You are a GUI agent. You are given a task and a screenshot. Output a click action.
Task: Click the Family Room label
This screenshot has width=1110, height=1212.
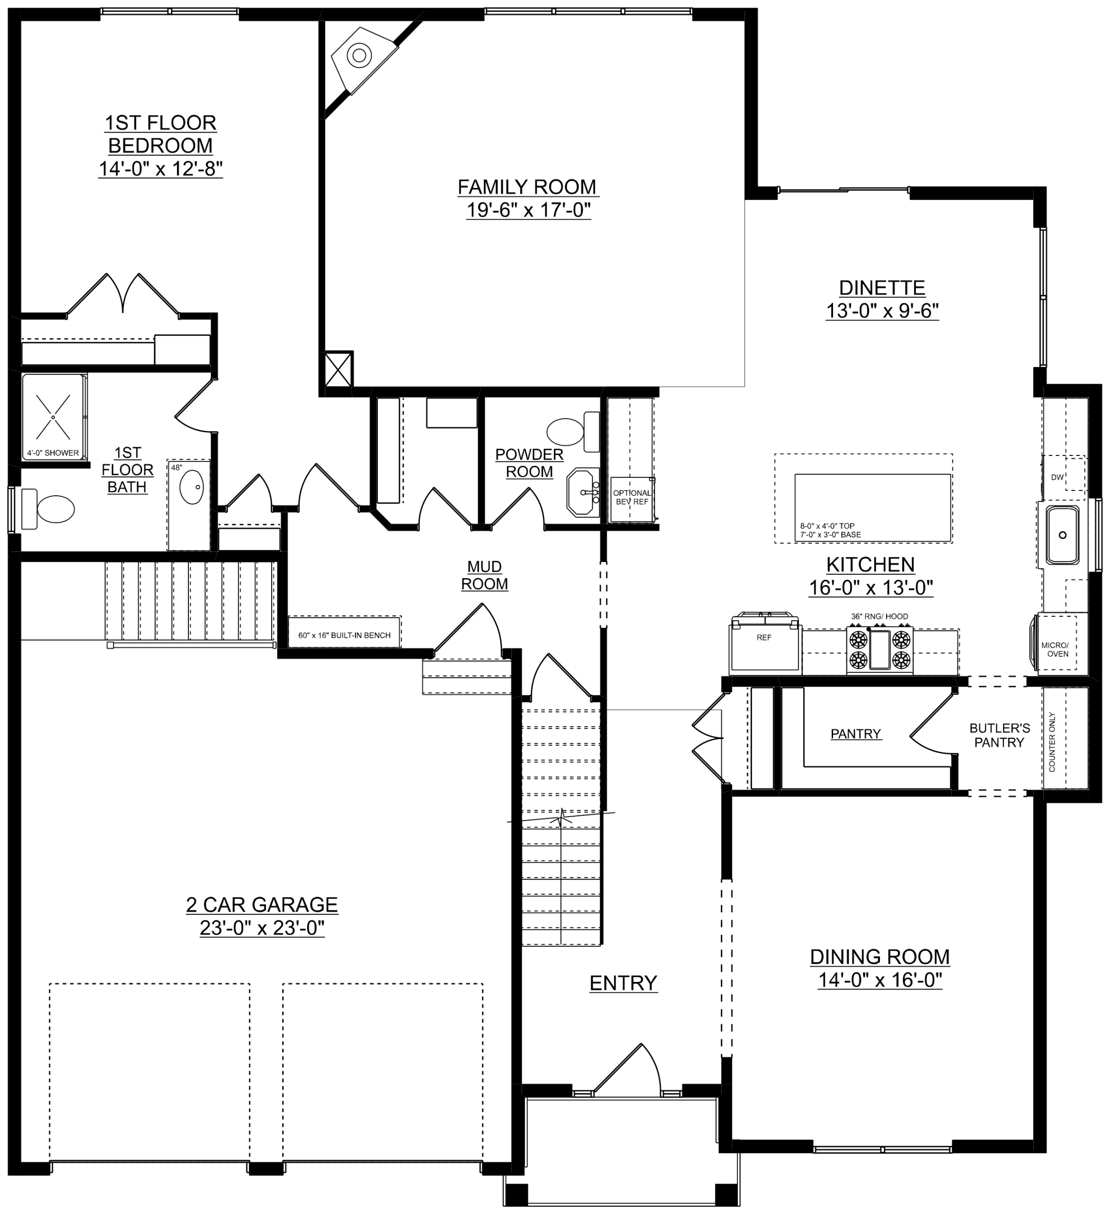[527, 187]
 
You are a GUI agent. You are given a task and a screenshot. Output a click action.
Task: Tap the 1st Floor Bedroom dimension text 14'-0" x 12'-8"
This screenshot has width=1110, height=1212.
[160, 169]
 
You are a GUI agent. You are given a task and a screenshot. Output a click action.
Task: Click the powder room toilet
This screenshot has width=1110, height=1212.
[573, 432]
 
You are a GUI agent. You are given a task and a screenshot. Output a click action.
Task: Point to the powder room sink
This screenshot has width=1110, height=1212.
[584, 492]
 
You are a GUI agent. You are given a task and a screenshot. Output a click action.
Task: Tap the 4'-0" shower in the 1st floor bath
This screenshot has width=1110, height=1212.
[53, 417]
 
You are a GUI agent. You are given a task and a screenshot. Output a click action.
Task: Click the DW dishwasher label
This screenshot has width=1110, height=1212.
[1057, 477]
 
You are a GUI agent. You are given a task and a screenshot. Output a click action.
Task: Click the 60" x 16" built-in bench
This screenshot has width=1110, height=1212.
[344, 632]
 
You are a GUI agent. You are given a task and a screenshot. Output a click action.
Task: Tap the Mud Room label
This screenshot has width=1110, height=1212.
[484, 575]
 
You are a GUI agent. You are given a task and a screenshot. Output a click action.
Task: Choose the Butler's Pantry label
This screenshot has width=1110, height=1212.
[999, 735]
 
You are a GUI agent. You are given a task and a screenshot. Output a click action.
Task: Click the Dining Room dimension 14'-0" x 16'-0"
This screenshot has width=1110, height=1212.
[880, 980]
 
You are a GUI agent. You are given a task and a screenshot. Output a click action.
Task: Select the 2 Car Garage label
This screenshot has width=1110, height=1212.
[262, 905]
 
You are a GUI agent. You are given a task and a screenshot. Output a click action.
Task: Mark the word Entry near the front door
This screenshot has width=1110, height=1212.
[623, 983]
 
